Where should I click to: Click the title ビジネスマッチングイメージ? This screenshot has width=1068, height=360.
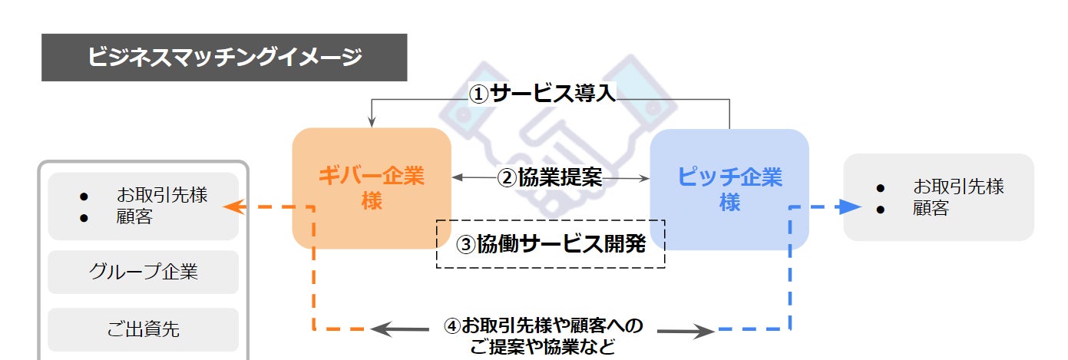(x=224, y=58)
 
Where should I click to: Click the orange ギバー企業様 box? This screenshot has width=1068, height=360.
(x=371, y=188)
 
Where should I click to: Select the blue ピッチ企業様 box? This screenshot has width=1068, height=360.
(x=729, y=189)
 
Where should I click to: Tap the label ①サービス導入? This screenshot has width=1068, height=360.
(x=543, y=94)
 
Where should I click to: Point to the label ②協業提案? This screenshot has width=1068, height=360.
(x=550, y=178)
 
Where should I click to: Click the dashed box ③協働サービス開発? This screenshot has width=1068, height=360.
(x=551, y=244)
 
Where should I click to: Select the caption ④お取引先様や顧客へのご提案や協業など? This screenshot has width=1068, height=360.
(x=543, y=336)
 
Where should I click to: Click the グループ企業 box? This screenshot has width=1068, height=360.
(x=143, y=272)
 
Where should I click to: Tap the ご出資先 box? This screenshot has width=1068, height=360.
(x=143, y=329)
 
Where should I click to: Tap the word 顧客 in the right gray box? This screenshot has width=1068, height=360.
(x=931, y=208)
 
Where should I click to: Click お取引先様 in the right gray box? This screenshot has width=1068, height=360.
(x=958, y=187)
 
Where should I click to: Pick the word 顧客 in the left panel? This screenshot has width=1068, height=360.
(x=134, y=216)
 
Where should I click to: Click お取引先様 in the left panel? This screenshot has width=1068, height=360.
(x=162, y=195)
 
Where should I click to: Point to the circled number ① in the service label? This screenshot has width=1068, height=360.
(x=479, y=94)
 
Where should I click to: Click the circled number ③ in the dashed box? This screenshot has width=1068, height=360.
(x=467, y=245)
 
